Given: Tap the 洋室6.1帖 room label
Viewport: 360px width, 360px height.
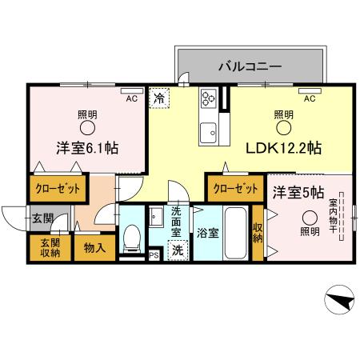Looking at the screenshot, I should (x=88, y=148).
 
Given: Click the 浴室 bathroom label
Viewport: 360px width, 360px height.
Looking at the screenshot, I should (x=206, y=233).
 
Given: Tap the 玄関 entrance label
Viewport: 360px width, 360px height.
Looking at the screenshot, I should (x=42, y=218).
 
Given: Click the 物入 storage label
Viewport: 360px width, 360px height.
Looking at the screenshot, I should (x=94, y=248).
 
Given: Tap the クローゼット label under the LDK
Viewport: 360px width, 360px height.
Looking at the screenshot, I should (x=236, y=190).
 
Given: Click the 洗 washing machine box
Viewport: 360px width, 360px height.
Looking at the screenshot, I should (x=176, y=249).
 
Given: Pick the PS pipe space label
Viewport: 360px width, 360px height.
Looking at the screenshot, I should (x=154, y=255).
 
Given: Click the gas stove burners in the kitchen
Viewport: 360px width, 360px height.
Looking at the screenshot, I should (x=209, y=98).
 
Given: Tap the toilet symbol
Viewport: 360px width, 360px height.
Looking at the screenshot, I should (x=133, y=238).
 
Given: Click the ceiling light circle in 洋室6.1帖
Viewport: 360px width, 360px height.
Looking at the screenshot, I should (x=86, y=127).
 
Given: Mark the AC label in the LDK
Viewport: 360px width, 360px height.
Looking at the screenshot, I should (x=309, y=98).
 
